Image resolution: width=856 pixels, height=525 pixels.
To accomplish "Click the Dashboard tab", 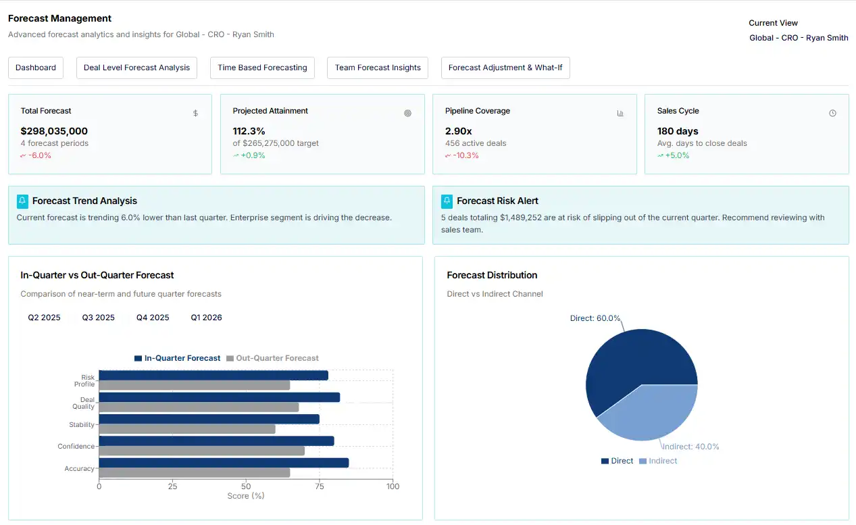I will pyautogui.click(x=36, y=68).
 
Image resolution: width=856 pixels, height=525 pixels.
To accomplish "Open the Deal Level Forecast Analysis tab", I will pyautogui.click(x=136, y=68).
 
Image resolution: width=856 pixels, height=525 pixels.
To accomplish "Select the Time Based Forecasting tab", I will pyautogui.click(x=262, y=68).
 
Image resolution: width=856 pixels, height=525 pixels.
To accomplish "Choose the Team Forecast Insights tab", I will pyautogui.click(x=378, y=68).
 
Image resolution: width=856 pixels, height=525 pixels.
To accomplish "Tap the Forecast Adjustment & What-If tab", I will pyautogui.click(x=505, y=68).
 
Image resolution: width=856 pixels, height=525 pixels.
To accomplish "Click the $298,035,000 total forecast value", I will pyautogui.click(x=54, y=131).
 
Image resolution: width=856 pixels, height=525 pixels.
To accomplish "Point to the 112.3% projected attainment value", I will pyautogui.click(x=249, y=131).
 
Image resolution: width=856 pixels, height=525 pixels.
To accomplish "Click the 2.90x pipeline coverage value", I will pyautogui.click(x=459, y=131).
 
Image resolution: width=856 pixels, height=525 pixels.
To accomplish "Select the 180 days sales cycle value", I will pyautogui.click(x=678, y=131).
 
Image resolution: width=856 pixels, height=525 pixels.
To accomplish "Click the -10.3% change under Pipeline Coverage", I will pyautogui.click(x=462, y=155).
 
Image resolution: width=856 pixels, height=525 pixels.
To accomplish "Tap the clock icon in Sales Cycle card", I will pyautogui.click(x=832, y=114).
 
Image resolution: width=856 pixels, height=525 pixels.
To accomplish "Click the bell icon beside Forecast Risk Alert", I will pyautogui.click(x=447, y=201).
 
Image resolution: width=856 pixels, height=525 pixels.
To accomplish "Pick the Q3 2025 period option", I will pyautogui.click(x=99, y=318).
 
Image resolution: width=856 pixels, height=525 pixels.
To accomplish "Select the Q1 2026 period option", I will pyautogui.click(x=206, y=318).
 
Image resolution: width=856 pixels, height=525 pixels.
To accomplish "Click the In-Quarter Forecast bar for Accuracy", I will pyautogui.click(x=223, y=463).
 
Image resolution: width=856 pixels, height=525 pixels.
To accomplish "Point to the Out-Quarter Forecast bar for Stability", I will pyautogui.click(x=187, y=429).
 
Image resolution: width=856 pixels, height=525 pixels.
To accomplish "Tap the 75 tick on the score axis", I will pyautogui.click(x=319, y=486).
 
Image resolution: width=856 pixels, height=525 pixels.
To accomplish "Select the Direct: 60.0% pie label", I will pyautogui.click(x=595, y=318).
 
